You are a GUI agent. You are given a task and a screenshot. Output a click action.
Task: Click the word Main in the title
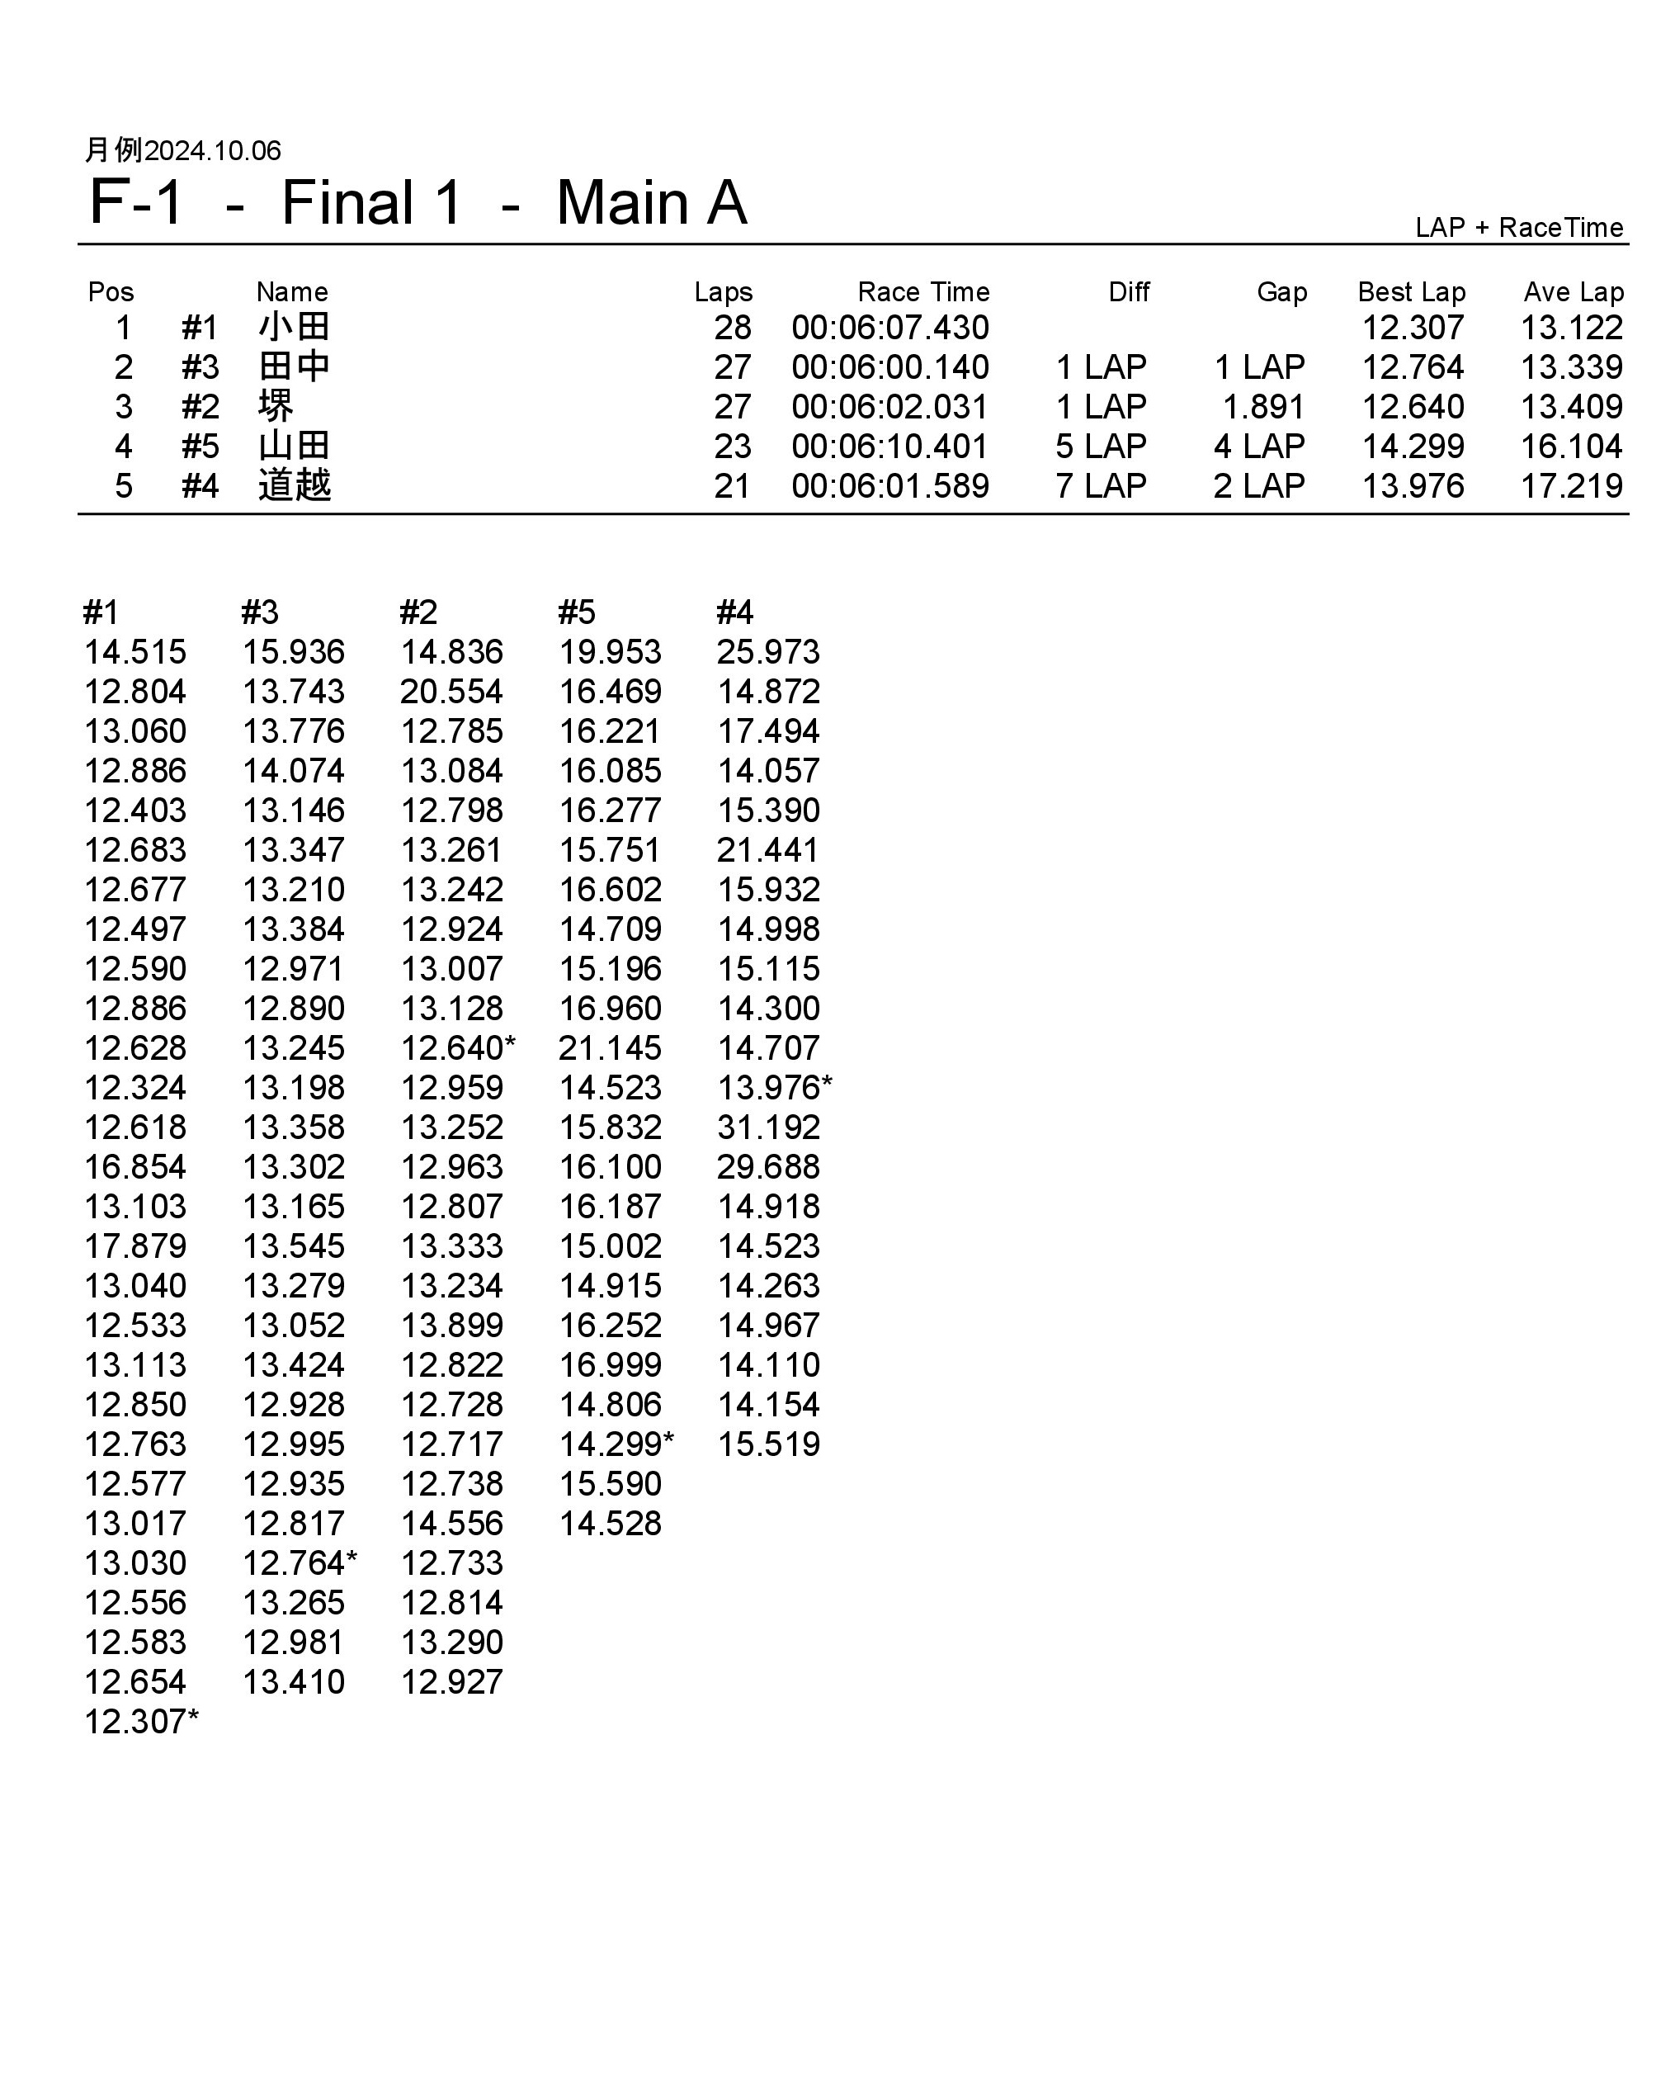coord(621,204)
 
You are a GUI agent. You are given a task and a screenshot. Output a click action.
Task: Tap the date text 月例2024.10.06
coord(182,150)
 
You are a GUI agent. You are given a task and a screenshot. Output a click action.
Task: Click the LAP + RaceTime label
coord(1519,227)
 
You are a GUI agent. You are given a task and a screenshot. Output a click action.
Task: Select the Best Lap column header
coord(1411,291)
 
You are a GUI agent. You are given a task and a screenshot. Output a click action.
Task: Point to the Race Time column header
coord(922,291)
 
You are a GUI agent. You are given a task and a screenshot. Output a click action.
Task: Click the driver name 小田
coord(295,328)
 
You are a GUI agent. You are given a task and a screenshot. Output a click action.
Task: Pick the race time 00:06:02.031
coord(889,407)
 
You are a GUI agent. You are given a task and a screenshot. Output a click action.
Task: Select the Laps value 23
coord(732,447)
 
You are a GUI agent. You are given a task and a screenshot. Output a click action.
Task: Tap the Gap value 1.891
coord(1262,407)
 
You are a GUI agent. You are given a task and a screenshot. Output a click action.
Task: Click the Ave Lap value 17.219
coord(1571,485)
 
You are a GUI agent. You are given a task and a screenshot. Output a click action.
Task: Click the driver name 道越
coord(295,485)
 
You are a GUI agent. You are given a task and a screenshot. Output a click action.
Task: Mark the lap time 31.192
coord(768,1127)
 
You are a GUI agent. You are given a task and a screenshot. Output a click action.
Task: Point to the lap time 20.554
coord(451,692)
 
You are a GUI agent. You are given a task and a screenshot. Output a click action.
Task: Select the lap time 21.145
coord(610,1048)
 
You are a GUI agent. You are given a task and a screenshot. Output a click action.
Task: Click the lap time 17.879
coord(135,1246)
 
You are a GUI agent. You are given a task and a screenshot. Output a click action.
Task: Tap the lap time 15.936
coord(293,652)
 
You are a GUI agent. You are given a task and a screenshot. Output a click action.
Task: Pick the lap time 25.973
coord(768,652)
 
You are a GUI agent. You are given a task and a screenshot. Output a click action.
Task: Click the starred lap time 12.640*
coord(457,1048)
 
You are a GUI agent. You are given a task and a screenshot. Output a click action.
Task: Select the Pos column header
coord(111,291)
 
